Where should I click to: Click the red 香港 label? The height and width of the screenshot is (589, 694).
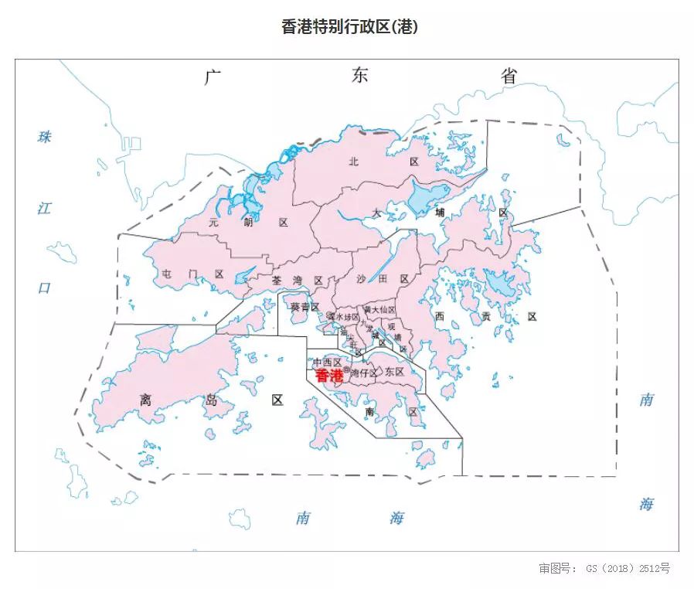tap(329, 376)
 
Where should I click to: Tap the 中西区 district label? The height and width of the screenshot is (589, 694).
tap(327, 362)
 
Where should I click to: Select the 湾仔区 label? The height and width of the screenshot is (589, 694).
tap(363, 373)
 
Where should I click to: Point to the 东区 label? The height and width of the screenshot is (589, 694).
tap(394, 372)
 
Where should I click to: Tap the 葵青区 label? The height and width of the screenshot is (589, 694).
tap(304, 307)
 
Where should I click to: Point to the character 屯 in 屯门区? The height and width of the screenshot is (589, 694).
tap(168, 274)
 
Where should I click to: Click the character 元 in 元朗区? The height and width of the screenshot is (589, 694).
tap(214, 222)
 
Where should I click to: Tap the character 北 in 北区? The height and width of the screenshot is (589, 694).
tap(354, 162)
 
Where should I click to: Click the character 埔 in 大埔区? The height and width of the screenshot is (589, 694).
tap(440, 212)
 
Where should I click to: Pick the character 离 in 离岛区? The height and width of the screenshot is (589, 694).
tap(145, 400)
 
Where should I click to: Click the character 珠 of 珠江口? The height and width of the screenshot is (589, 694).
tap(45, 137)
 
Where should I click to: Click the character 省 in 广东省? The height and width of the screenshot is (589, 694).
tap(508, 76)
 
